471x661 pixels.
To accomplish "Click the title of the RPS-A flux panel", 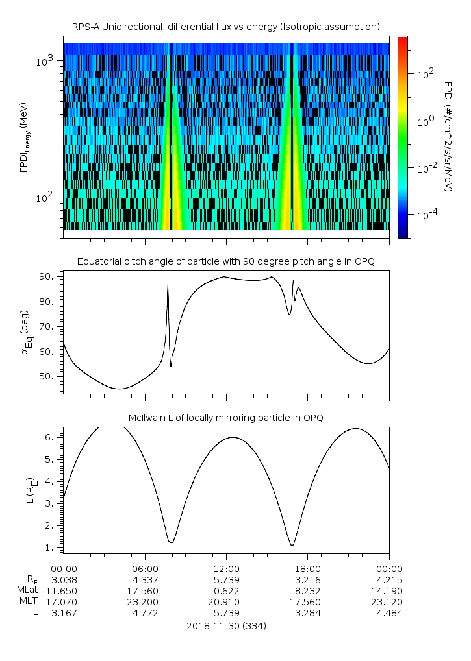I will (226, 27).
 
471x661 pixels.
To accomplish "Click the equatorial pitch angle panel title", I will (226, 261).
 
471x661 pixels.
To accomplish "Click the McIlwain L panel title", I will (226, 418).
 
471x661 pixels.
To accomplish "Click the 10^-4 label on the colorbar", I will (424, 215).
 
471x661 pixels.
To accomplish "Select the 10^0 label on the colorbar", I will (425, 121).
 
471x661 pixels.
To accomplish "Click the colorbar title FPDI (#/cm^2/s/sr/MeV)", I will (448, 137).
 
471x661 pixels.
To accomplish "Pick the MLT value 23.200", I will (144, 602).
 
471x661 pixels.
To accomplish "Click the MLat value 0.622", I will (226, 591).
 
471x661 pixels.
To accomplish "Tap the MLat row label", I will (27, 591).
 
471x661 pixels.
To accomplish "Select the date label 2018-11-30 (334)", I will (226, 626).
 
